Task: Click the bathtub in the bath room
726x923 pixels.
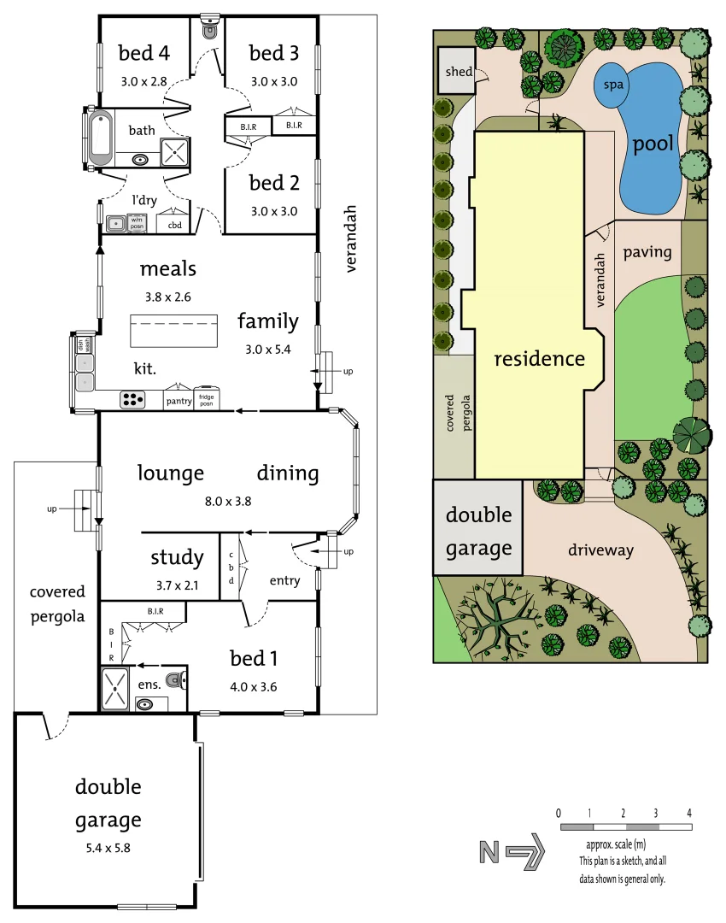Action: coord(101,138)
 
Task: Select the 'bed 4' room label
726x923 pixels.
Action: coord(143,53)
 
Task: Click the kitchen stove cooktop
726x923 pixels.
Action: coord(132,398)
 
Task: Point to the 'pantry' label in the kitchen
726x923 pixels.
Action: coord(179,401)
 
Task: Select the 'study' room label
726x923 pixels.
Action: coord(177,558)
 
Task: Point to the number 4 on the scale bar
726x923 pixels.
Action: coord(688,812)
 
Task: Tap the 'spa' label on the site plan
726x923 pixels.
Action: coord(612,85)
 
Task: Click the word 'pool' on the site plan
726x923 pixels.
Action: coord(653,144)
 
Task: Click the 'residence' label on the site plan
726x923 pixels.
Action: coord(540,359)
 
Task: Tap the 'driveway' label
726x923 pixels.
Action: coord(600,550)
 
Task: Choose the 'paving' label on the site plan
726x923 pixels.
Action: coord(647,252)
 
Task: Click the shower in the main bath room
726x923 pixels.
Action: coord(176,153)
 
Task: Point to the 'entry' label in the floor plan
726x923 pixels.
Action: coord(284,581)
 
